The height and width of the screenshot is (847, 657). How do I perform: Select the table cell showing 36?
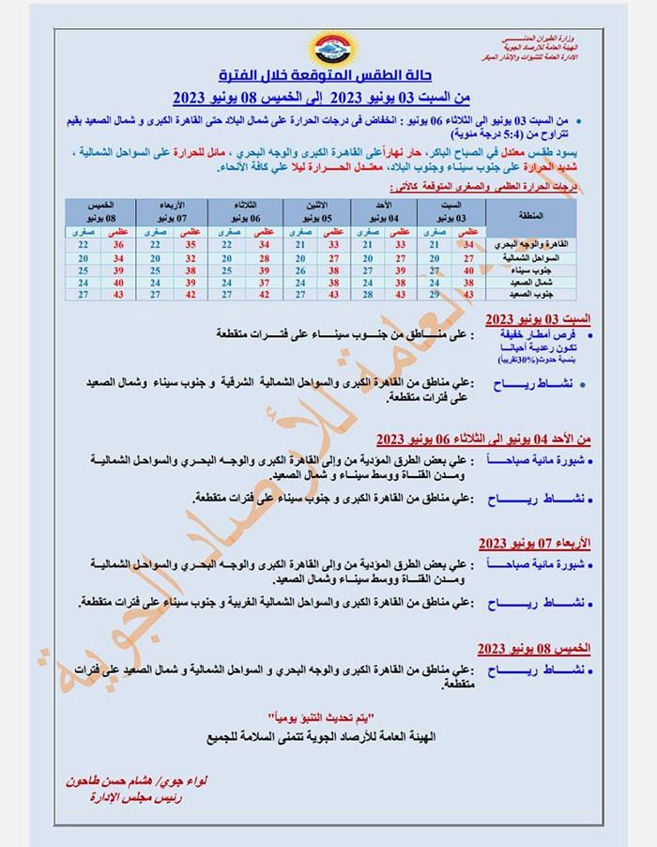coord(119,243)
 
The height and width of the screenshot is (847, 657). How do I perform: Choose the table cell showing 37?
coord(264,282)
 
